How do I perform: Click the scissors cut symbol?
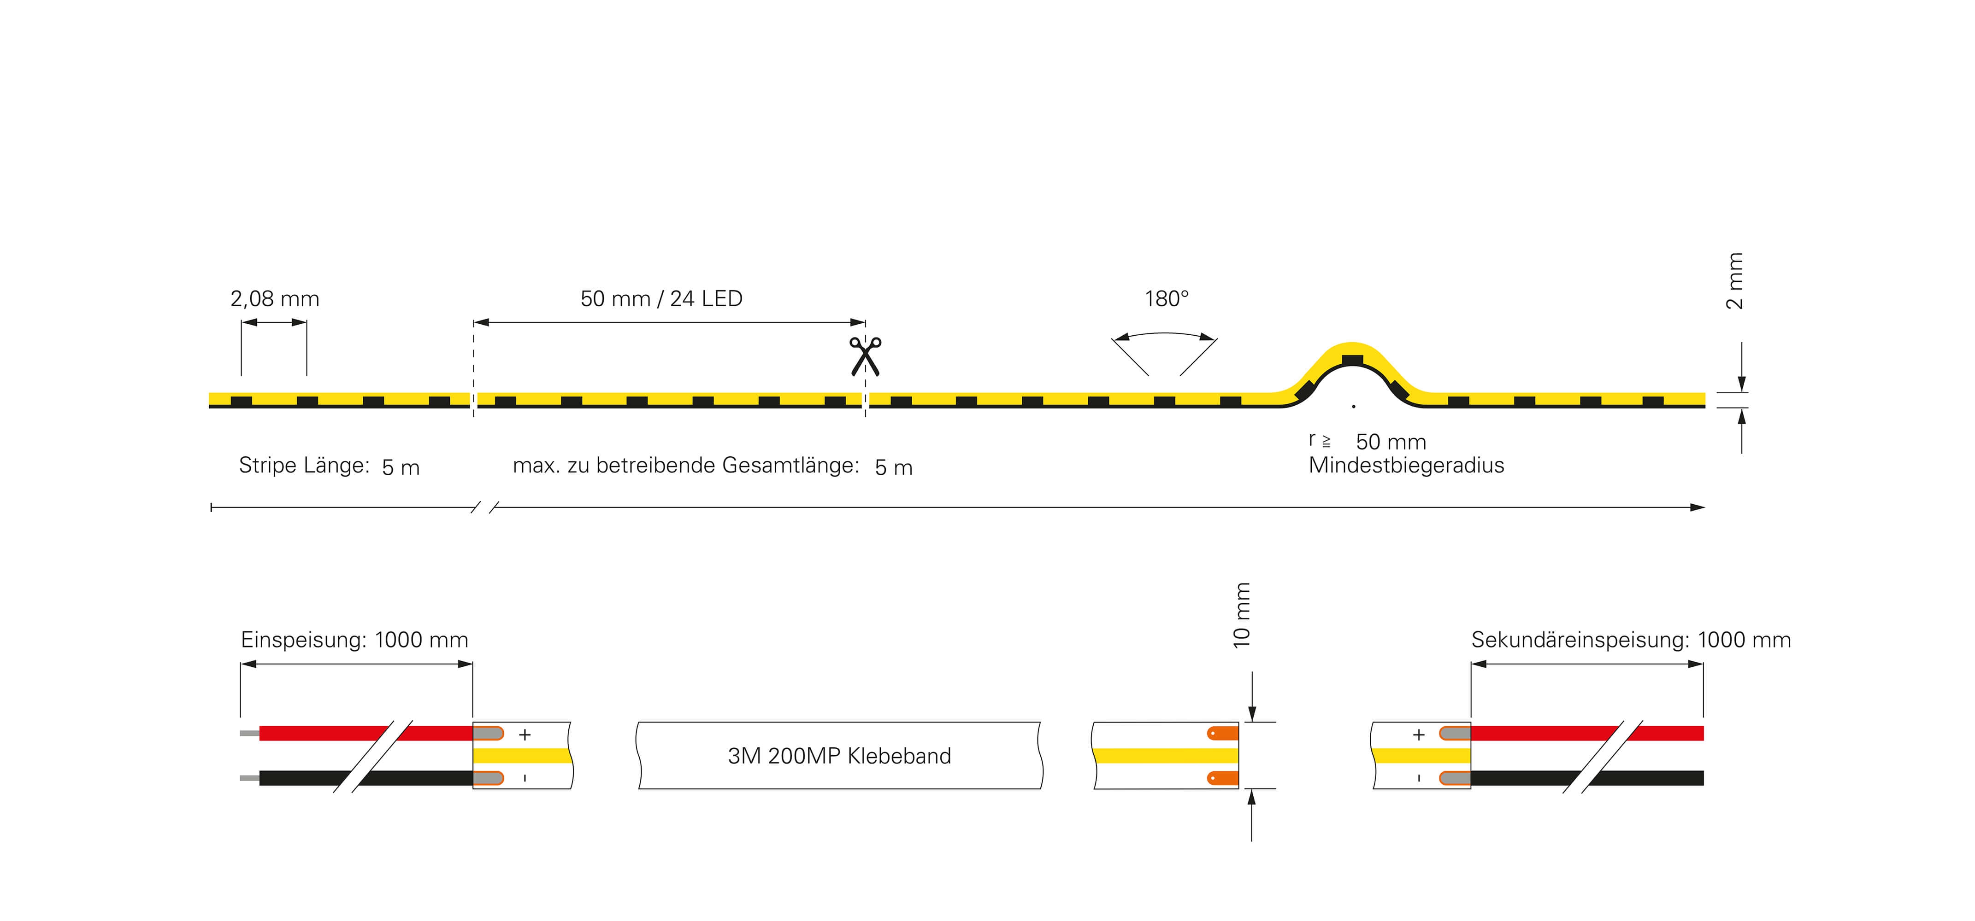pyautogui.click(x=865, y=356)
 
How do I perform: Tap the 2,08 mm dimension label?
pyautogui.click(x=275, y=299)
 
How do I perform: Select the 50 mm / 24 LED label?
pyautogui.click(x=661, y=299)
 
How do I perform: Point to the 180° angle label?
pyautogui.click(x=1166, y=299)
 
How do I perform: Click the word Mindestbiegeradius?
pyautogui.click(x=1406, y=465)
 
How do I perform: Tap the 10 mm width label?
pyautogui.click(x=1241, y=615)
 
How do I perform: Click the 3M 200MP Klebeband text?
pyautogui.click(x=839, y=756)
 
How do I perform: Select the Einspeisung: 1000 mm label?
pyautogui.click(x=354, y=640)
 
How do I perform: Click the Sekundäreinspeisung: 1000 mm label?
pyautogui.click(x=1631, y=640)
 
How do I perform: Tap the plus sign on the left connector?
pyautogui.click(x=525, y=735)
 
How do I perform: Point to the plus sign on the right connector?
pyautogui.click(x=1418, y=735)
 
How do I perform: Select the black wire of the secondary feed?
pyautogui.click(x=1587, y=778)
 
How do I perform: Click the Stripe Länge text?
pyautogui.click(x=304, y=465)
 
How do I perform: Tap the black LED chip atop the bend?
pyautogui.click(x=1352, y=360)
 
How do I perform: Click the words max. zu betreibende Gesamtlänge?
pyautogui.click(x=685, y=465)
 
